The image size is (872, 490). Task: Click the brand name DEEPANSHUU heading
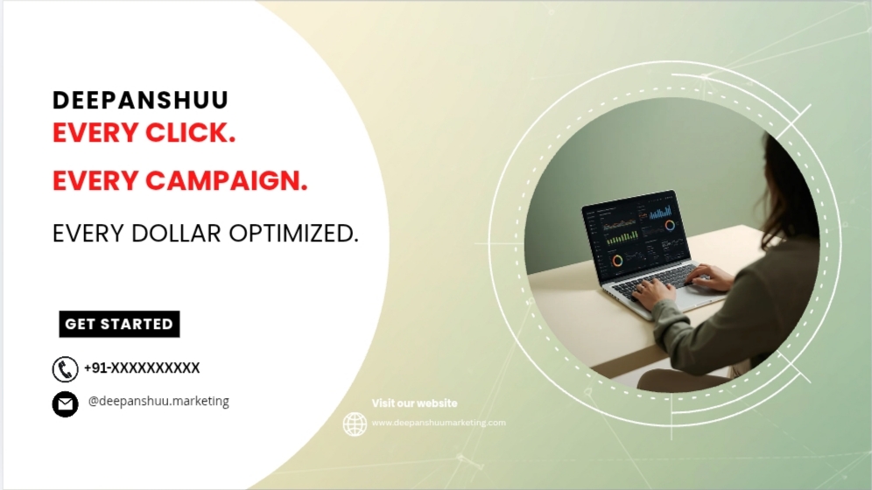[140, 101]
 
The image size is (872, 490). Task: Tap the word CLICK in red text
[190, 133]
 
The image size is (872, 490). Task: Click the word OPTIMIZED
[293, 234]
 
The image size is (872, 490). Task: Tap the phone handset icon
[65, 369]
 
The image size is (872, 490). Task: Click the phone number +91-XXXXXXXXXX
[142, 367]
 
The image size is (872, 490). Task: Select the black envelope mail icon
[65, 404]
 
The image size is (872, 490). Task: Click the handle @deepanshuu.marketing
[158, 401]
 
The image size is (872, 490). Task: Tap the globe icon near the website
[355, 423]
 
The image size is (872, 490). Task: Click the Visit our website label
[414, 403]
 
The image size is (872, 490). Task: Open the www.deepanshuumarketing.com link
[439, 423]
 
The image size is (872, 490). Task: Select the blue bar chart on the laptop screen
[661, 213]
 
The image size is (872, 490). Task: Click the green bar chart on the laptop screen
[622, 238]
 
